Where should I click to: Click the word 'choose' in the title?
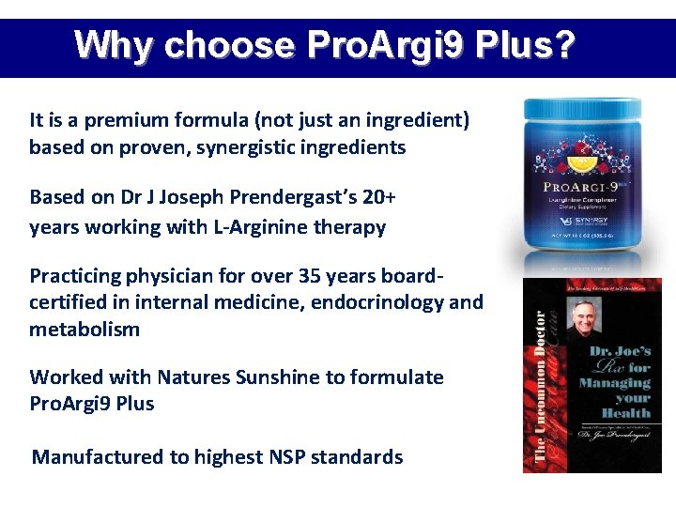[x=230, y=45]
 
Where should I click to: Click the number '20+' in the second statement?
[x=377, y=198]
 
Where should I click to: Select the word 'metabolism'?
[x=84, y=330]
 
